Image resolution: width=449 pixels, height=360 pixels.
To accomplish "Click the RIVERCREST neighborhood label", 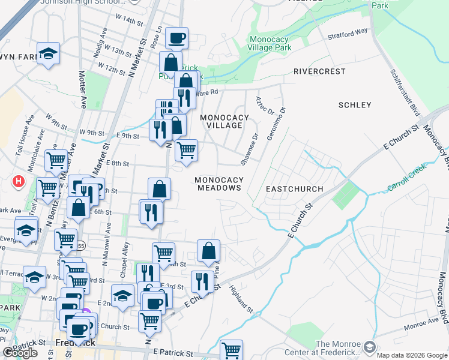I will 319,71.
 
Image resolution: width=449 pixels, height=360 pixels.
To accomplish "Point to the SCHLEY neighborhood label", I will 355,105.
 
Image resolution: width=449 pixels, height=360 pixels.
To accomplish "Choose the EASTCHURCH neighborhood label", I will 294,189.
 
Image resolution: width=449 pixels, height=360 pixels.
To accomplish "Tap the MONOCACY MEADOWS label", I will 220,184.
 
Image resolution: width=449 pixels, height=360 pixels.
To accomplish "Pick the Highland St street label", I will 241,298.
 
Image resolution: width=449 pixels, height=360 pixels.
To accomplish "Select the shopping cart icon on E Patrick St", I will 231,350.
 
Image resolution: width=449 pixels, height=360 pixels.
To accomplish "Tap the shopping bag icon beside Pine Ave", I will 208,252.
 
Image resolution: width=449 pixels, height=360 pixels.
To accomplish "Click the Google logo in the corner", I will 20,353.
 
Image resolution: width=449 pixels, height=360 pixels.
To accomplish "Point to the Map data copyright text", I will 411,355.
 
